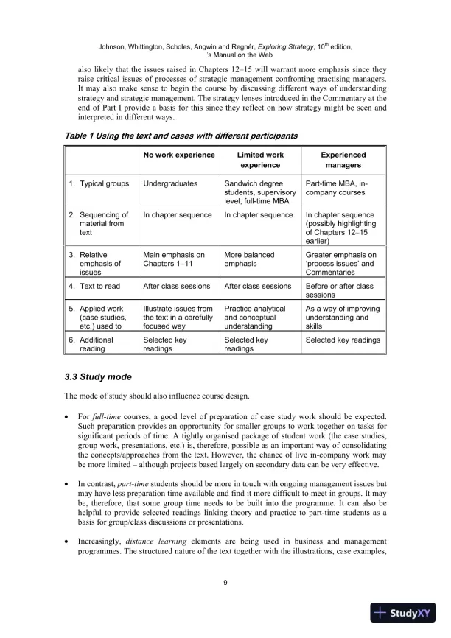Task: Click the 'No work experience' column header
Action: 179,155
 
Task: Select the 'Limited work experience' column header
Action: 260,161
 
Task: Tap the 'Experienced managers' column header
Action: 343,161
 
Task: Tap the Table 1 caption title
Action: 181,136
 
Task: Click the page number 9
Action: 225,583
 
